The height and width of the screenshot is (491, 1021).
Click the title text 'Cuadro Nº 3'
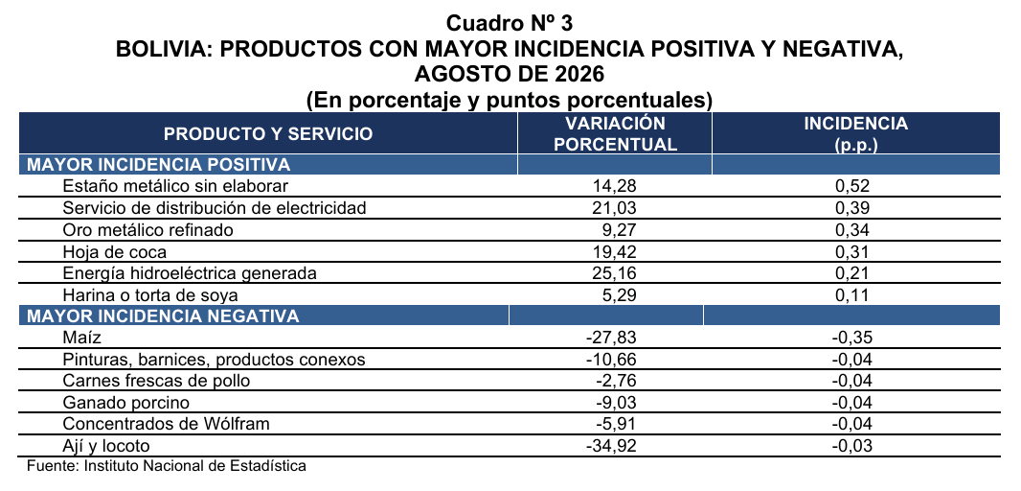(x=510, y=23)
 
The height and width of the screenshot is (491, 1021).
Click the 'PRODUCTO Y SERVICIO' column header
(x=268, y=134)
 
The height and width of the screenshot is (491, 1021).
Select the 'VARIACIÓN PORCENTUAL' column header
(x=615, y=133)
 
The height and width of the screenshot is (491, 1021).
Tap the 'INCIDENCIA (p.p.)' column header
(x=855, y=133)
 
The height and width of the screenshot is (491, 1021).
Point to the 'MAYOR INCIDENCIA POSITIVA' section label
(x=158, y=164)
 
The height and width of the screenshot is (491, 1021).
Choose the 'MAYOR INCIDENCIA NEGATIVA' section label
(x=163, y=316)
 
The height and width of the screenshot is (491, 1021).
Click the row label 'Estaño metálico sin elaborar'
(x=175, y=186)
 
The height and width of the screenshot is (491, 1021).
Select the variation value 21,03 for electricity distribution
(x=614, y=208)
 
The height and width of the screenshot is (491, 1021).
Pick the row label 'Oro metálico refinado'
(x=147, y=229)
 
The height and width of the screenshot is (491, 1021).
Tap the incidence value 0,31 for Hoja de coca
(x=852, y=251)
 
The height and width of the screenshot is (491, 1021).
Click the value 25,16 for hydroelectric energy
(x=614, y=273)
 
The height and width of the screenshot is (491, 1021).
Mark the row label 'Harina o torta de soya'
(x=149, y=295)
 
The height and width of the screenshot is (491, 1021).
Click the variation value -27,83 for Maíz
(x=611, y=338)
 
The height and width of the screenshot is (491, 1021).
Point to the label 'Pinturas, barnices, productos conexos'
(x=215, y=360)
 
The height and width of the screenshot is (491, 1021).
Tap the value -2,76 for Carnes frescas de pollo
(x=615, y=381)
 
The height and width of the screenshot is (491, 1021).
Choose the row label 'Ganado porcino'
(x=126, y=403)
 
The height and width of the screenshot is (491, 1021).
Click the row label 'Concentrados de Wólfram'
(x=166, y=425)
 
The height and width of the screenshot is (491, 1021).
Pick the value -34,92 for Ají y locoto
(x=611, y=446)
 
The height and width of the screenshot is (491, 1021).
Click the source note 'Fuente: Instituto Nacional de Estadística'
(x=166, y=466)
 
